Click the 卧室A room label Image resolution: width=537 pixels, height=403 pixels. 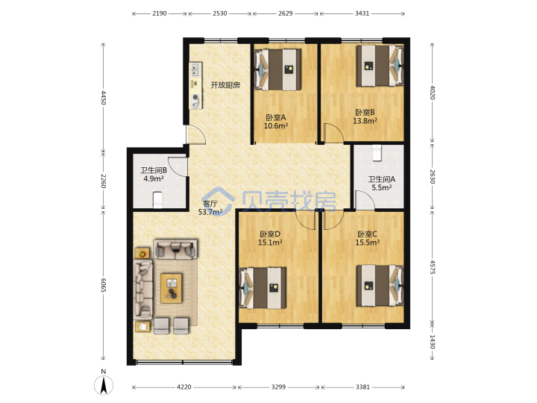[x=276, y=118]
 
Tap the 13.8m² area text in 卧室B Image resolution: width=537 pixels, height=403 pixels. [x=365, y=121]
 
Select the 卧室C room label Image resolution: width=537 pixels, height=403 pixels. [x=367, y=234]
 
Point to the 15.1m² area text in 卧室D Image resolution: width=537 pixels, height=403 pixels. [x=270, y=243]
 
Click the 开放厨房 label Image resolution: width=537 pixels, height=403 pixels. [x=225, y=85]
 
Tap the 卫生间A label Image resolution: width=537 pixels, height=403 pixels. [x=382, y=179]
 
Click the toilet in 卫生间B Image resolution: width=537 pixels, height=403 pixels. [x=157, y=199]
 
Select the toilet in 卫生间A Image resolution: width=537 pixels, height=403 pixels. [x=377, y=153]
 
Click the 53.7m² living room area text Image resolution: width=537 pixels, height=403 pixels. [x=210, y=212]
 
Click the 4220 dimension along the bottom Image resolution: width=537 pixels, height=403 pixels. [x=184, y=387]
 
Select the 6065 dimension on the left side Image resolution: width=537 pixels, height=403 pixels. [x=104, y=285]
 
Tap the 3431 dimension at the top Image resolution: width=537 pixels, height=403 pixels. [x=362, y=13]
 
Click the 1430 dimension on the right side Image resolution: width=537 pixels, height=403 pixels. [x=432, y=342]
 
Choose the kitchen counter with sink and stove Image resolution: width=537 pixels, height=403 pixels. [x=195, y=85]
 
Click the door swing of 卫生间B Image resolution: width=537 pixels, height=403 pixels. [x=178, y=167]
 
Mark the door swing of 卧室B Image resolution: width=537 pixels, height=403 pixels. [x=333, y=133]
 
